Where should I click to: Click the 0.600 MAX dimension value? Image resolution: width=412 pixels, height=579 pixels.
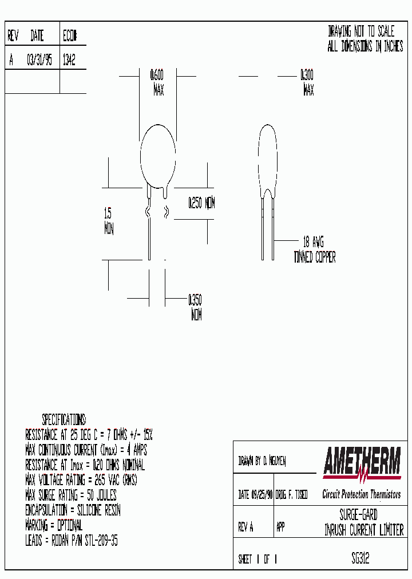(157, 82)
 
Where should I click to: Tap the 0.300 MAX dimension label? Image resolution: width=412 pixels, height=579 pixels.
(307, 82)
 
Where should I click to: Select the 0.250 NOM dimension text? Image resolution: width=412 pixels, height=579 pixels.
(201, 203)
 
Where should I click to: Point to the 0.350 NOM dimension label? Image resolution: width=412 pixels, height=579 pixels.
(195, 307)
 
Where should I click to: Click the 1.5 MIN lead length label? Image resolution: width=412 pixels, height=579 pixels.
(108, 221)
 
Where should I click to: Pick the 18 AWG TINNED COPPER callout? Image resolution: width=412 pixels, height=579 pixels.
(314, 249)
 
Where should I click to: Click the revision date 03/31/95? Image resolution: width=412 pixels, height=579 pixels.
(39, 61)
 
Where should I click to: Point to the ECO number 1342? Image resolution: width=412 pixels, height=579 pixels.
(68, 61)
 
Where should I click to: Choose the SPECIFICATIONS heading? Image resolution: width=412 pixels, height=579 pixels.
(64, 419)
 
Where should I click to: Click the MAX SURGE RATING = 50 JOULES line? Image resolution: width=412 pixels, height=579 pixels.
(70, 495)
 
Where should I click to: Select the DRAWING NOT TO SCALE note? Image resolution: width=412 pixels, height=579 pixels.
(361, 32)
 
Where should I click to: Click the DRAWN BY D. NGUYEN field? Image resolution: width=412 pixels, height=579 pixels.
(262, 461)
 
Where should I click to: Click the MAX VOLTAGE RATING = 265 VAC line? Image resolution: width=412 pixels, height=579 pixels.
(81, 479)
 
